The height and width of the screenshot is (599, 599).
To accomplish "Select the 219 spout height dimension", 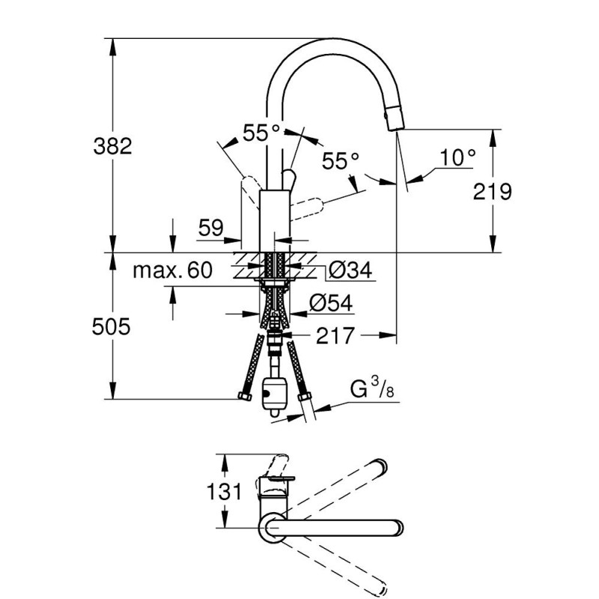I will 493,192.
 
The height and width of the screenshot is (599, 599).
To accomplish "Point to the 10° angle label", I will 457,158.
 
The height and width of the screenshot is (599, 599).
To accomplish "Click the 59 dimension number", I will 212,228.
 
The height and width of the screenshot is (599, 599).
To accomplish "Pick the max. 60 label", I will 172,270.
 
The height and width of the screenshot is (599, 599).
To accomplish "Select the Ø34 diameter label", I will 350,270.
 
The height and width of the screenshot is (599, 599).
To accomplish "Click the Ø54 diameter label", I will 331,302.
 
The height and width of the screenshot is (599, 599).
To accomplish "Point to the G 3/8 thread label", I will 370,390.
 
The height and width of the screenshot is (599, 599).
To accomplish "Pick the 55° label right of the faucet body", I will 341,160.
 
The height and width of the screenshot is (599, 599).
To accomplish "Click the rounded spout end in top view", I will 395,528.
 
